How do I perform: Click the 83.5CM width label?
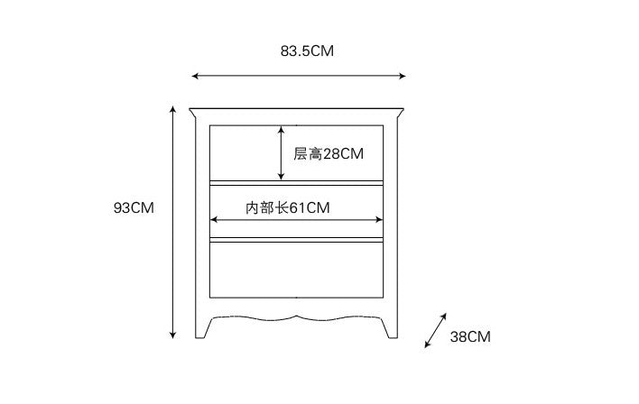click(307, 51)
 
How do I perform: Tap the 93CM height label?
click(134, 208)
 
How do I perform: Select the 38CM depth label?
click(469, 337)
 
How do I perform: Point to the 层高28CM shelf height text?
click(329, 154)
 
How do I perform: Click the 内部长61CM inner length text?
click(288, 208)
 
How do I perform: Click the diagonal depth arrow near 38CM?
click(436, 330)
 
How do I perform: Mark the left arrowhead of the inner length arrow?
click(214, 218)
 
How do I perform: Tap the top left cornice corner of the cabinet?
click(192, 111)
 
